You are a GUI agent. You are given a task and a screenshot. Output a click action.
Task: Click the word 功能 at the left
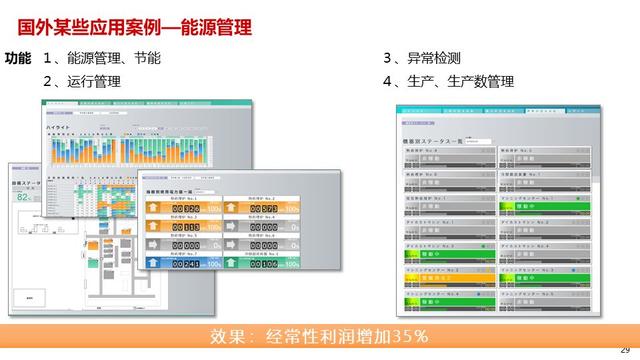click(18, 58)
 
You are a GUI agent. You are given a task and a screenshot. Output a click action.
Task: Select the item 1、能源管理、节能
click(101, 58)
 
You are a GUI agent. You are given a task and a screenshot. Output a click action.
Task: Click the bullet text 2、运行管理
click(82, 81)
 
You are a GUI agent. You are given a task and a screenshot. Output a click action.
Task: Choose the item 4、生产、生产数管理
click(448, 81)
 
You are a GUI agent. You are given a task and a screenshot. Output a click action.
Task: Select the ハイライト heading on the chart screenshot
click(60, 129)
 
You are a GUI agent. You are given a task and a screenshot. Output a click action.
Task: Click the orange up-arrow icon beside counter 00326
click(153, 208)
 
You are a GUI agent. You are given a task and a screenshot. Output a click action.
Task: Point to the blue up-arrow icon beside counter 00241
click(153, 263)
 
